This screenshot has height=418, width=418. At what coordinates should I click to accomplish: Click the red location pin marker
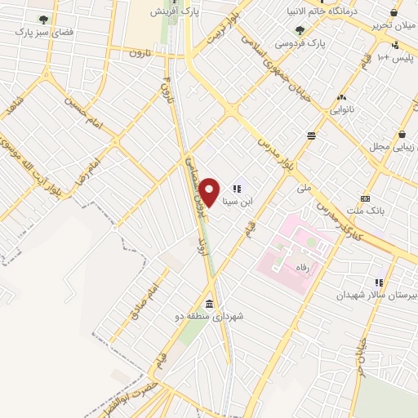(210, 192)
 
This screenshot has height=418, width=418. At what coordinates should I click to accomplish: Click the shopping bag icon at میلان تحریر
(394, 12)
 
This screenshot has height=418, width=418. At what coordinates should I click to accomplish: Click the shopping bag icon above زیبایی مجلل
(402, 134)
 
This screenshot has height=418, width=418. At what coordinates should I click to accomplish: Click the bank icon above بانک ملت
(365, 198)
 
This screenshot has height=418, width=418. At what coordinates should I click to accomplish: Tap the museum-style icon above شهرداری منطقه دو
(210, 304)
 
